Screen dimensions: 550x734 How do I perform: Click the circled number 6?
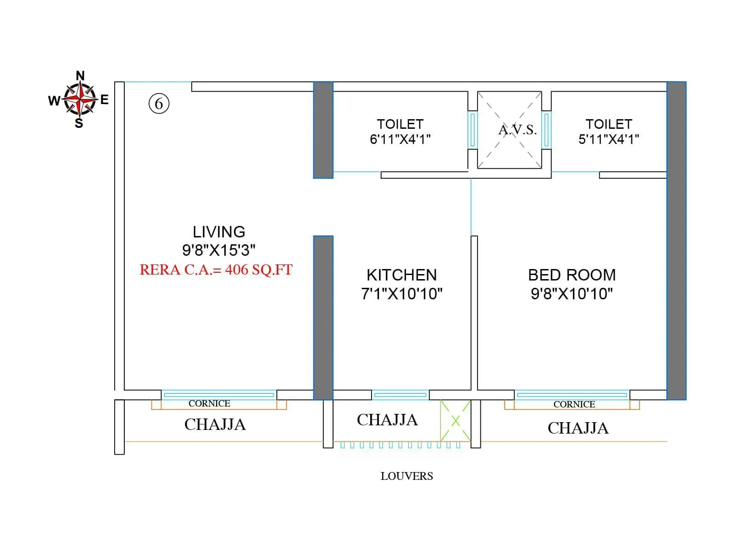click(159, 103)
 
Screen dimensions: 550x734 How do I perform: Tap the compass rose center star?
click(80, 99)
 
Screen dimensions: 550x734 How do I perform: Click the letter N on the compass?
click(80, 76)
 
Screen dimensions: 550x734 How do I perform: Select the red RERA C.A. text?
click(216, 269)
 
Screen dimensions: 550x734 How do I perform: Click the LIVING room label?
click(219, 232)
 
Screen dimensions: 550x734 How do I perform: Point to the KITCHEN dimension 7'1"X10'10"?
click(401, 294)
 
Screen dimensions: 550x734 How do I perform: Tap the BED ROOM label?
click(572, 275)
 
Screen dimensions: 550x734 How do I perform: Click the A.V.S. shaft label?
click(517, 130)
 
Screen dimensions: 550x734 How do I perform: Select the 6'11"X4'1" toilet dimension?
click(400, 139)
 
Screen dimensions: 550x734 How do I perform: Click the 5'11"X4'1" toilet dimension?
click(609, 139)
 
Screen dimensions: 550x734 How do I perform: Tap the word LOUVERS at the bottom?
click(406, 476)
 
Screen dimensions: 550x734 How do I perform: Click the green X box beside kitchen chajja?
click(456, 421)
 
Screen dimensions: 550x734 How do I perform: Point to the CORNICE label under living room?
click(209, 403)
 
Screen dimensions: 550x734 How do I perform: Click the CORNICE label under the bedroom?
click(574, 404)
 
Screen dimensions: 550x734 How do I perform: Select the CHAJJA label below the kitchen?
click(387, 420)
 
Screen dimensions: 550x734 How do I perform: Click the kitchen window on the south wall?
click(400, 395)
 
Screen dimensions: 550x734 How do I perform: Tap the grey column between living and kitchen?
click(323, 317)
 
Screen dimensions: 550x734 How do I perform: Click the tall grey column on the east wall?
click(676, 241)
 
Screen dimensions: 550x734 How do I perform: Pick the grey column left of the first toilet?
click(323, 130)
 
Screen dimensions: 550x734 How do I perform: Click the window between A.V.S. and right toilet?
click(546, 130)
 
